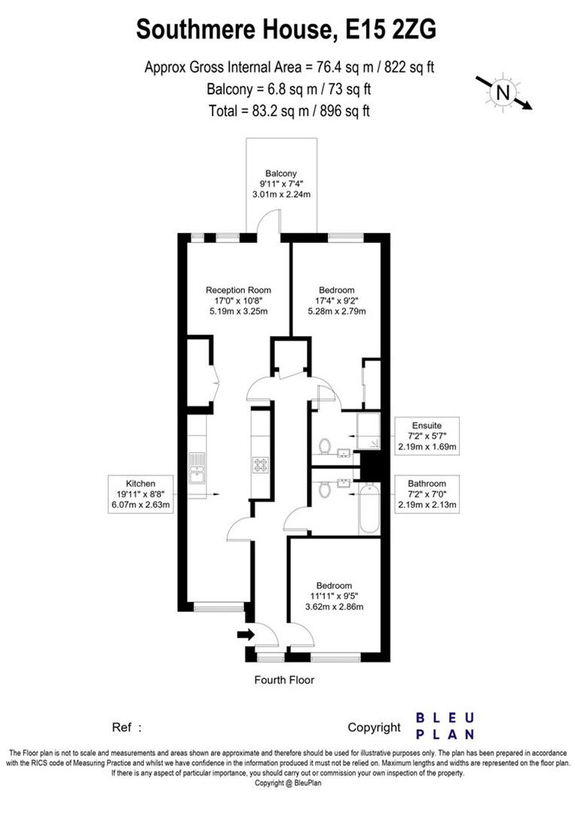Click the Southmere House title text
[x=287, y=30]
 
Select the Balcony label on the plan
[x=281, y=173]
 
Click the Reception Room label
[x=238, y=289]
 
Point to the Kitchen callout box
[x=141, y=494]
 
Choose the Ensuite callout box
[x=427, y=436]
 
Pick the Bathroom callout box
[x=427, y=494]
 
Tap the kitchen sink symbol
[x=197, y=469]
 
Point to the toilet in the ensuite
[x=325, y=446]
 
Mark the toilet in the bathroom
[x=325, y=491]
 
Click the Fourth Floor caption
[x=284, y=680]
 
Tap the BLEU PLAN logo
[x=446, y=726]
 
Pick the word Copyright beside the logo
[x=374, y=727]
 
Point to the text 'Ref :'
[x=127, y=728]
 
